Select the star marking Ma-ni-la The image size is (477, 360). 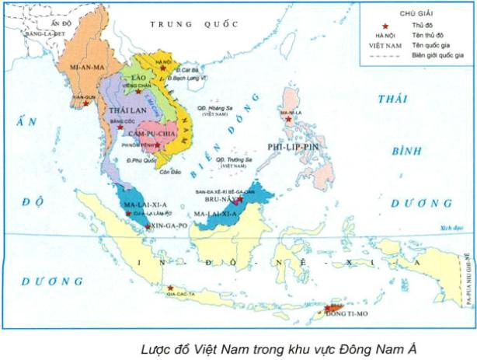[x=288, y=120]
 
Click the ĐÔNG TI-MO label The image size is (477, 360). [x=338, y=314]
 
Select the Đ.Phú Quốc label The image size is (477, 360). [x=128, y=161]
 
